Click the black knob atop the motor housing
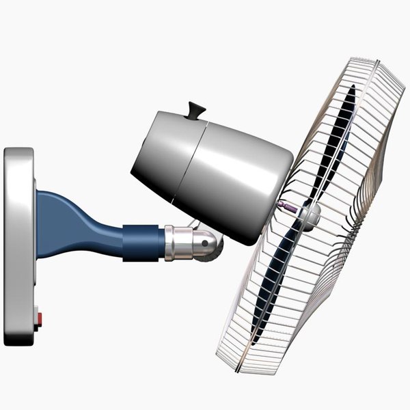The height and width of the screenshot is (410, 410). click(x=196, y=109)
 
